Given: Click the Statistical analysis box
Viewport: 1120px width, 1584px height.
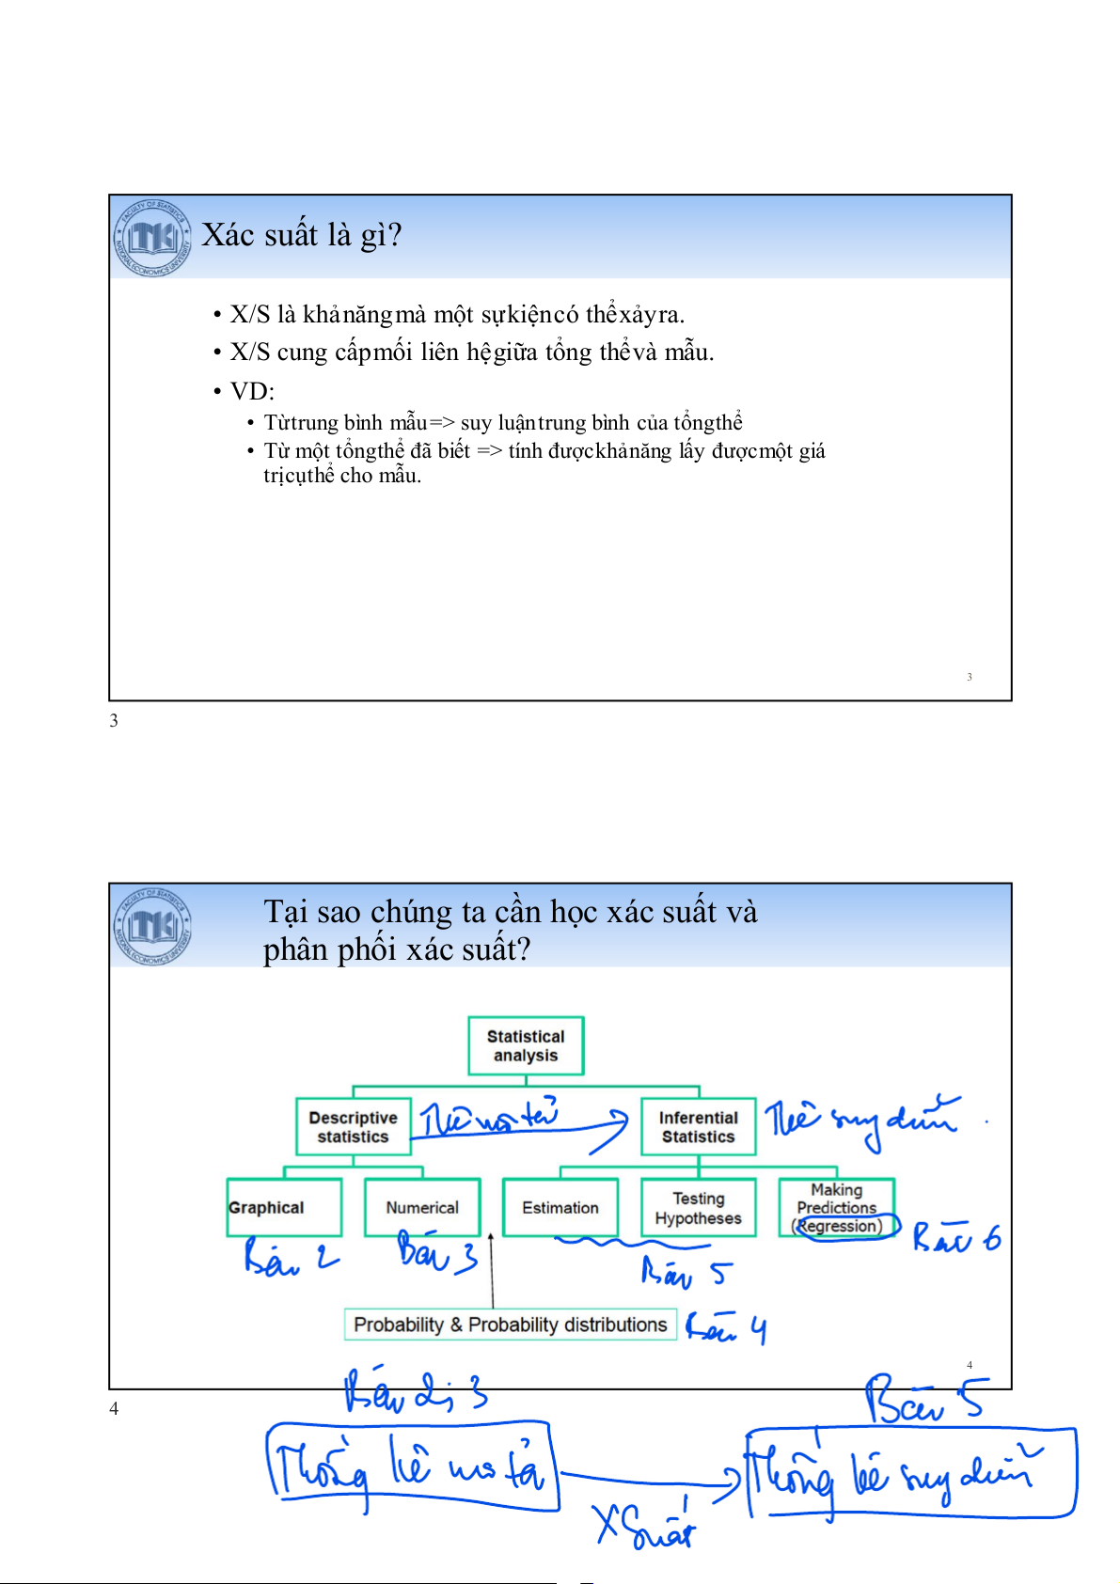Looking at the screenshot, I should [526, 1045].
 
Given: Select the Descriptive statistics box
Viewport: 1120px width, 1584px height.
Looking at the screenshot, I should [354, 1126].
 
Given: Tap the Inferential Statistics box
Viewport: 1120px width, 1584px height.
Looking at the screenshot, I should [698, 1126].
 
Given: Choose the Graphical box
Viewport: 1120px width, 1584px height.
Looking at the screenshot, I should [283, 1207].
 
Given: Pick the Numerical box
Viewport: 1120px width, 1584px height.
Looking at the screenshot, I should [422, 1207].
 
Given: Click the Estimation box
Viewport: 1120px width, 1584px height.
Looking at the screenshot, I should [560, 1207].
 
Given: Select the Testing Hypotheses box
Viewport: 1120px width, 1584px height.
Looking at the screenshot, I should [698, 1207].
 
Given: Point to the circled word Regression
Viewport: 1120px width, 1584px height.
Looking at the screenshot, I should [840, 1226].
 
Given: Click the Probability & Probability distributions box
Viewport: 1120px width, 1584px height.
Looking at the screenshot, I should [510, 1325].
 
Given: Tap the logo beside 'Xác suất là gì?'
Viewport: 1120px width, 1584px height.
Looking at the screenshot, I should [152, 238].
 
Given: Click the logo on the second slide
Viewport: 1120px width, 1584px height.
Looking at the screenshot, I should [152, 926].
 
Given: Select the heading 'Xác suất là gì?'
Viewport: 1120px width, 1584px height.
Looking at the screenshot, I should [302, 235].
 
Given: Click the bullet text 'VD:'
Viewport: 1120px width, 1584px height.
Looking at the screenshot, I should [252, 391].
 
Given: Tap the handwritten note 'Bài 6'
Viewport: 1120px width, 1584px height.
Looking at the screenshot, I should [956, 1238].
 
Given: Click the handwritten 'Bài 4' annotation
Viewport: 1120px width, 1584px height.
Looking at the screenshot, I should [726, 1327].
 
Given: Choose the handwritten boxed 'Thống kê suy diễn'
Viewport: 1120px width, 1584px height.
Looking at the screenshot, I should [909, 1472].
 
